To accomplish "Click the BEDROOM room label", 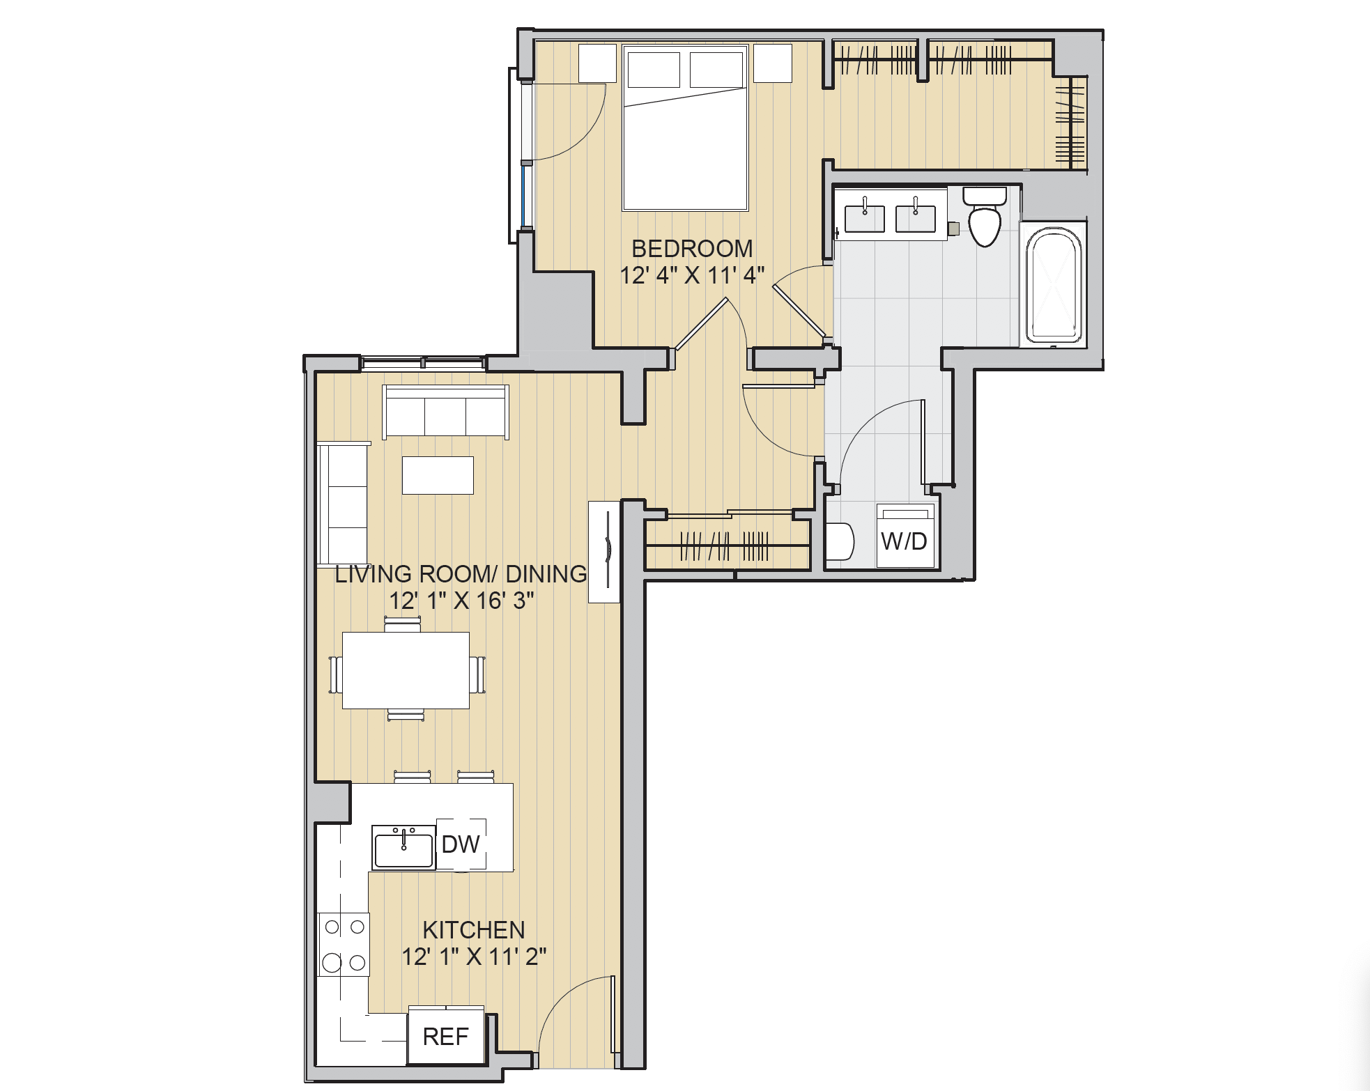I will tap(691, 249).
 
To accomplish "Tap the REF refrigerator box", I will tap(446, 1037).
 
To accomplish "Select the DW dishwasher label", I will tap(460, 844).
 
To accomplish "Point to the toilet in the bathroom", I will tap(985, 219).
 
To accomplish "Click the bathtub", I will tap(1054, 286).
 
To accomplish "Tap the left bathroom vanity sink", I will tap(864, 217).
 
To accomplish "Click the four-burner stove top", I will tap(344, 945).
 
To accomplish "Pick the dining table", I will tap(406, 670).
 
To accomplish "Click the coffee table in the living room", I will tap(438, 475).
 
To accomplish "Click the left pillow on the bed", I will tap(653, 70).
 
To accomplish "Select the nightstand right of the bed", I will tap(772, 63).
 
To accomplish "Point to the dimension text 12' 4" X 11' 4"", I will tap(691, 276).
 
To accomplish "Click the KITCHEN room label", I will tap(474, 930).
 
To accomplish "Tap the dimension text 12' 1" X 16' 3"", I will tap(461, 601).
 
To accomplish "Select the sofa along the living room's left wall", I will tap(342, 504).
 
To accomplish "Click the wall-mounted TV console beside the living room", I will tap(604, 551).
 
